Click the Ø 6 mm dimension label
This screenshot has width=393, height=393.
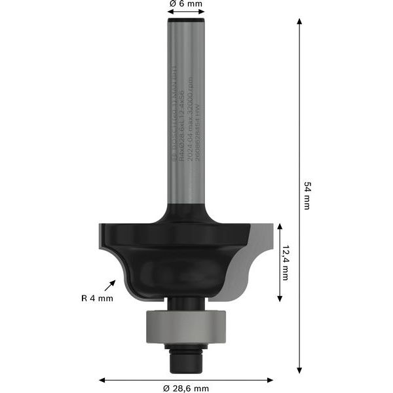186,4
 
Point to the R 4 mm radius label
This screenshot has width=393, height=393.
97,298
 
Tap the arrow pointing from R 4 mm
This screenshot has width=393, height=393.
109,285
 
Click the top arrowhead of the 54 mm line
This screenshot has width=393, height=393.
299,22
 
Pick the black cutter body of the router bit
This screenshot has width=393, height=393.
177,262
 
